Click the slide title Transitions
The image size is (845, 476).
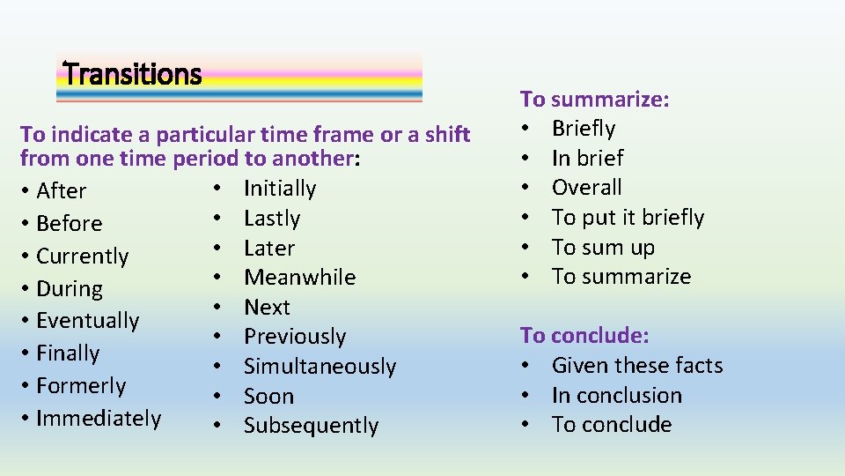pyautogui.click(x=133, y=74)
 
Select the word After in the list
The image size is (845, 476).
pyautogui.click(x=62, y=191)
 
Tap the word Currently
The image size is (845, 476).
pyautogui.click(x=83, y=257)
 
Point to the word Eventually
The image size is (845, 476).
pyautogui.click(x=88, y=321)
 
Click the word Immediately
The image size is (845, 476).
pyautogui.click(x=99, y=418)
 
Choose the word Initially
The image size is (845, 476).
pyautogui.click(x=280, y=188)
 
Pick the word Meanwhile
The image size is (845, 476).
pyautogui.click(x=300, y=277)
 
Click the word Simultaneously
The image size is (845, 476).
pyautogui.click(x=320, y=366)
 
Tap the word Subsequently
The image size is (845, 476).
pyautogui.click(x=311, y=425)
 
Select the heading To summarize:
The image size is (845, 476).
pyautogui.click(x=595, y=99)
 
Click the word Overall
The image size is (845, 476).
pyautogui.click(x=586, y=187)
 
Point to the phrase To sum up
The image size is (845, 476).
pyautogui.click(x=603, y=247)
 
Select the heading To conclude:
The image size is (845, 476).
pyautogui.click(x=584, y=335)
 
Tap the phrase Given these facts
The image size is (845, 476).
pyautogui.click(x=637, y=365)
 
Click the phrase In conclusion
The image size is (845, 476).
pyautogui.click(x=617, y=395)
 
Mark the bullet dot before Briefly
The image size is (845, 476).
pyautogui.click(x=525, y=129)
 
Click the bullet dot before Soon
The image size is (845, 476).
pyautogui.click(x=216, y=396)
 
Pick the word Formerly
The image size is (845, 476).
pyautogui.click(x=81, y=385)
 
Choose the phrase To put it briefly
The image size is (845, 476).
pyautogui.click(x=628, y=217)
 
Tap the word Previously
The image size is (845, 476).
pyautogui.click(x=295, y=336)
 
